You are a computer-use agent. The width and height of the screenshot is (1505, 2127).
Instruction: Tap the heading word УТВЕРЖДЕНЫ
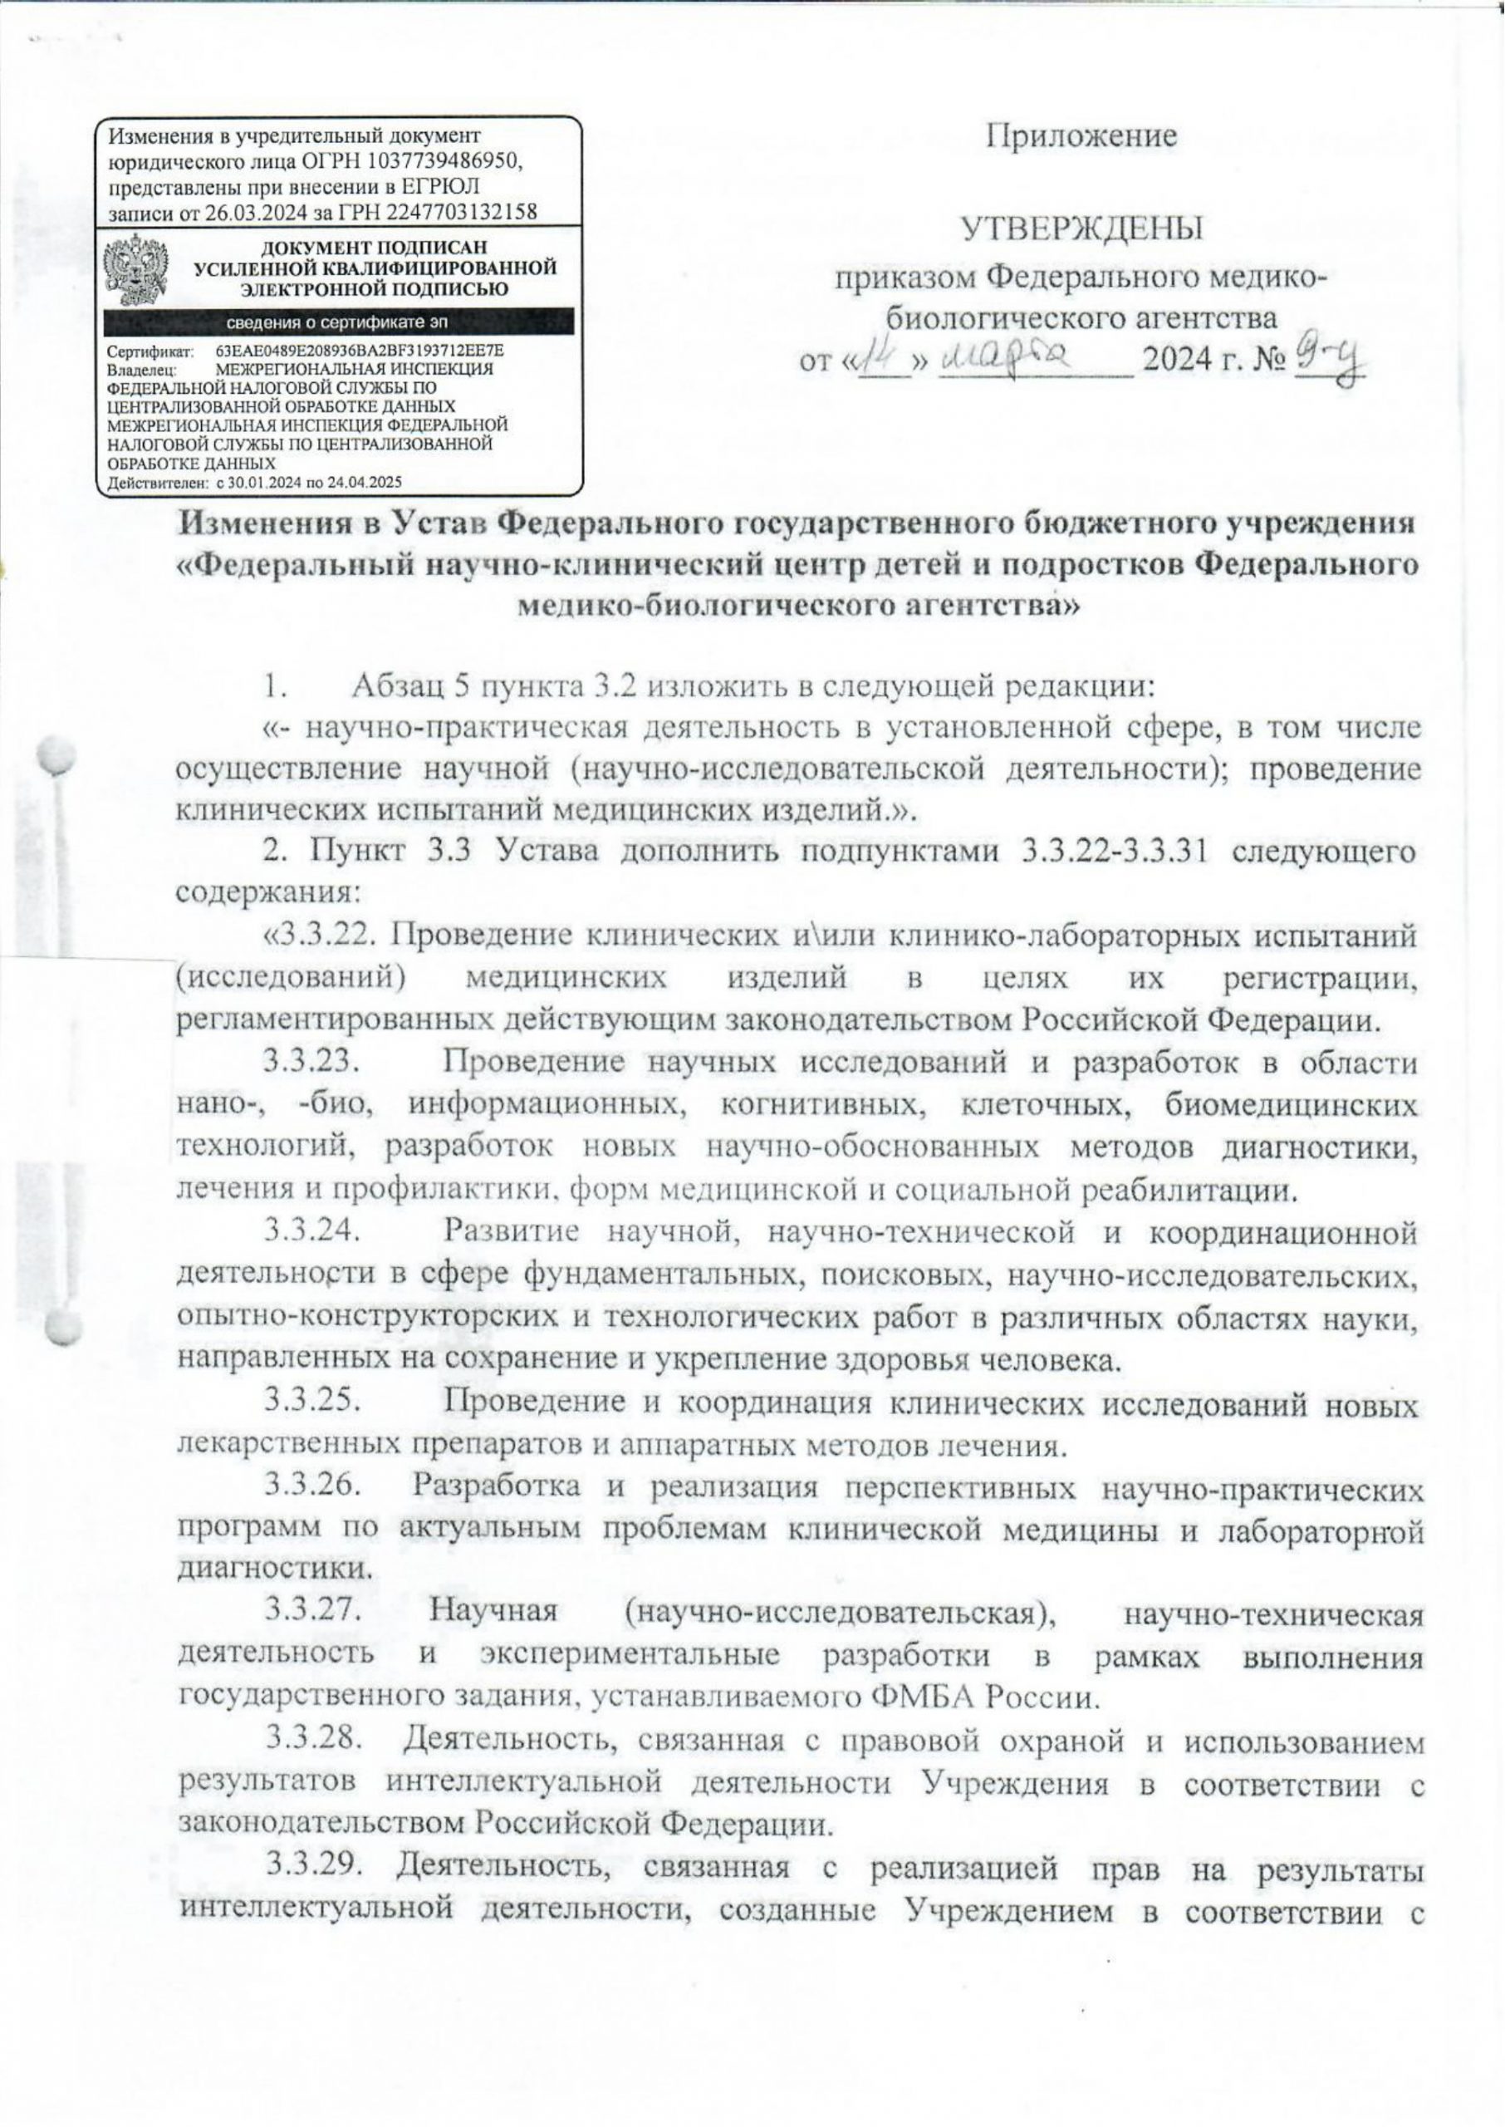tap(1082, 228)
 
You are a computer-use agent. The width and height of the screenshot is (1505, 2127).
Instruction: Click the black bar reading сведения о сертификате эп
tap(338, 322)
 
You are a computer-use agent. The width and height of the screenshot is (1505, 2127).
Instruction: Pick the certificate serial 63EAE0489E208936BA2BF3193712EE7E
tap(360, 352)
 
